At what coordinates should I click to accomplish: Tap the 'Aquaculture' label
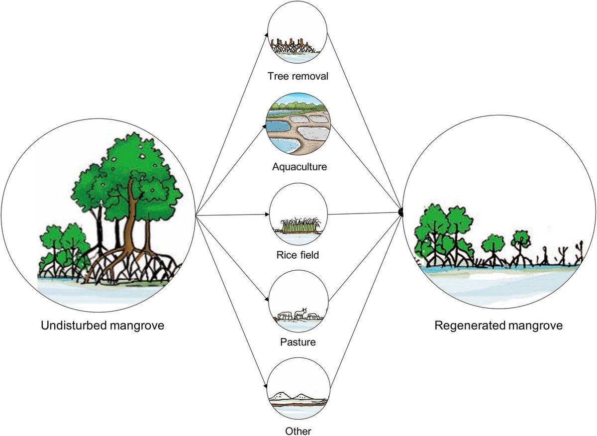click(x=299, y=166)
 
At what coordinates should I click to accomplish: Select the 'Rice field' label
click(x=298, y=255)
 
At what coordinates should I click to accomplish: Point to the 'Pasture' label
click(x=298, y=342)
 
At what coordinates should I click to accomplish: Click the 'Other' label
click(x=298, y=430)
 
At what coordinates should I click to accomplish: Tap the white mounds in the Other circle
click(x=294, y=396)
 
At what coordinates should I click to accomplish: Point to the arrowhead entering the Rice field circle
click(x=267, y=216)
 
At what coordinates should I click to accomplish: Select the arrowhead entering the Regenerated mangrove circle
click(x=400, y=213)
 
